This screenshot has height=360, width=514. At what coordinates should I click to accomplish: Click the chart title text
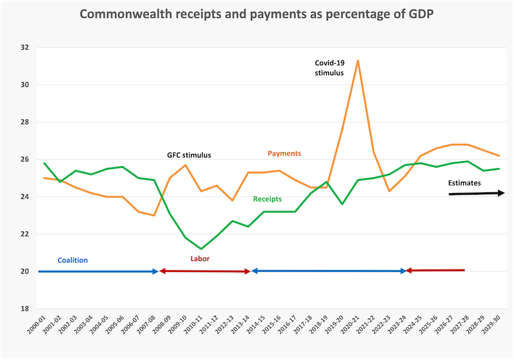point(256,14)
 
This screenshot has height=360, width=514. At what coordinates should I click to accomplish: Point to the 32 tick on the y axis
point(24,47)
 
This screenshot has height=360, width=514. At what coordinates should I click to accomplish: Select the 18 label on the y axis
point(24,309)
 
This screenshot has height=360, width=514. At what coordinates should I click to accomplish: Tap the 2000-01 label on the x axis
point(36,324)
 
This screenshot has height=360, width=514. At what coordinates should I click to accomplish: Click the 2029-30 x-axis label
point(491,324)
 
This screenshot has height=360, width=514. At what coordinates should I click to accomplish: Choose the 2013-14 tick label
point(240,324)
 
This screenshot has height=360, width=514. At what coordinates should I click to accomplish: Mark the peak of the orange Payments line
point(358,61)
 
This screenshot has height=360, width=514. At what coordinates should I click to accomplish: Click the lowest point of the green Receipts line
point(201,249)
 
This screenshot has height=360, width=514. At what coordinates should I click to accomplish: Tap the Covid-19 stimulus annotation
point(329,68)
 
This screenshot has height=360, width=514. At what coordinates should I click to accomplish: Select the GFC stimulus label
point(189,155)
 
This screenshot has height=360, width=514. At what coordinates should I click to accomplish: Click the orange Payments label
point(284,154)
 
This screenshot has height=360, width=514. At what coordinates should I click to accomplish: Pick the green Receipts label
point(267,199)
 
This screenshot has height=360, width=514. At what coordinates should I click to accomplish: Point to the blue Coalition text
point(73,260)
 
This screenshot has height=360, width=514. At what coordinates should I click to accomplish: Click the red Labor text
point(200,259)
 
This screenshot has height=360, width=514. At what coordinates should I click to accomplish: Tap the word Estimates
point(464,183)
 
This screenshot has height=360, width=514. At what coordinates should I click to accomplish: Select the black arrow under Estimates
point(476,193)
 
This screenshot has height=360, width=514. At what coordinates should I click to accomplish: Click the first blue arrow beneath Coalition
point(99,271)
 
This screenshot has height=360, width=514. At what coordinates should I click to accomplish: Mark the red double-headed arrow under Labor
point(205,271)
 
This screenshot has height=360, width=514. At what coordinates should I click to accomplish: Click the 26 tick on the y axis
point(24,159)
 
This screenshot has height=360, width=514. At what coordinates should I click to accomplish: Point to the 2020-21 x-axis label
point(350,324)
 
